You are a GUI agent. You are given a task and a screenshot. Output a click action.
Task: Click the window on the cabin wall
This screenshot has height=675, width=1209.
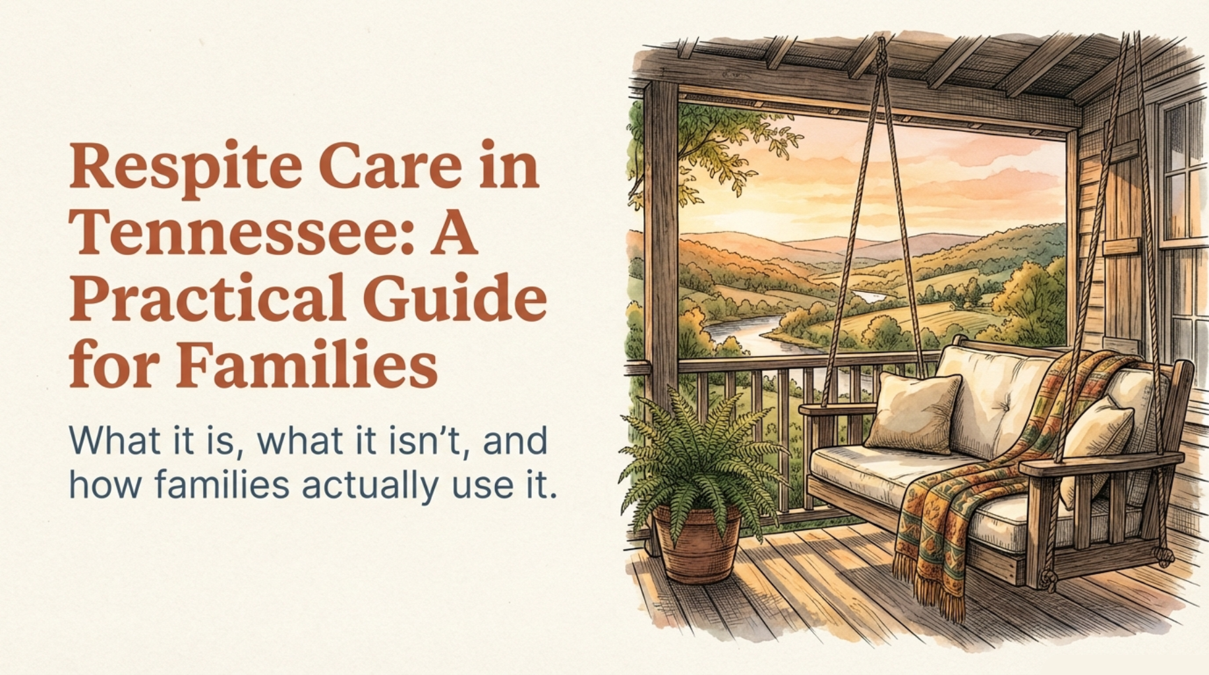(1183, 231)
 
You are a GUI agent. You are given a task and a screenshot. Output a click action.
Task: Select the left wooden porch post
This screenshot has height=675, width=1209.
(661, 264)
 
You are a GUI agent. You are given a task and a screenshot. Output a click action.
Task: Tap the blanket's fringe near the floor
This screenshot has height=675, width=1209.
(936, 593)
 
